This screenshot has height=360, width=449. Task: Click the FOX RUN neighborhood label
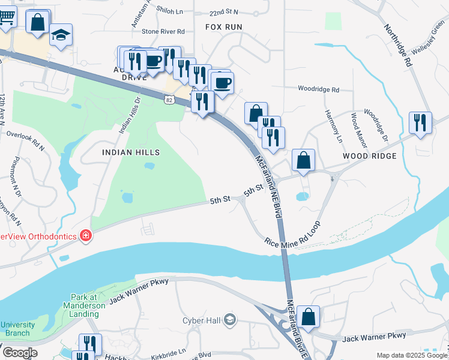pos(224,27)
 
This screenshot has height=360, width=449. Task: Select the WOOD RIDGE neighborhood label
pos(370,156)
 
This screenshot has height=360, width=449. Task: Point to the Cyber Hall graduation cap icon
pos(229,320)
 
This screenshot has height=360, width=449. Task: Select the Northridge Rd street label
pos(399,45)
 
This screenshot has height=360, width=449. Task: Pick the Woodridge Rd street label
pos(318,89)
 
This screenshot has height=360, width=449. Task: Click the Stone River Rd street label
pos(163,31)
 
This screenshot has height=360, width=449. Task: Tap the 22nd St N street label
pos(207,12)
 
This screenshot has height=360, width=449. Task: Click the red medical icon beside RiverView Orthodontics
pos(86,236)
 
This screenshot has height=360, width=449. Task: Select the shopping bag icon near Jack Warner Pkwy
pos(308,317)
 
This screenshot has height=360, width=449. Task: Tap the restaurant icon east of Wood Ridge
pos(420,122)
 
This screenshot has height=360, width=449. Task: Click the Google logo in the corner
pos(20,353)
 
